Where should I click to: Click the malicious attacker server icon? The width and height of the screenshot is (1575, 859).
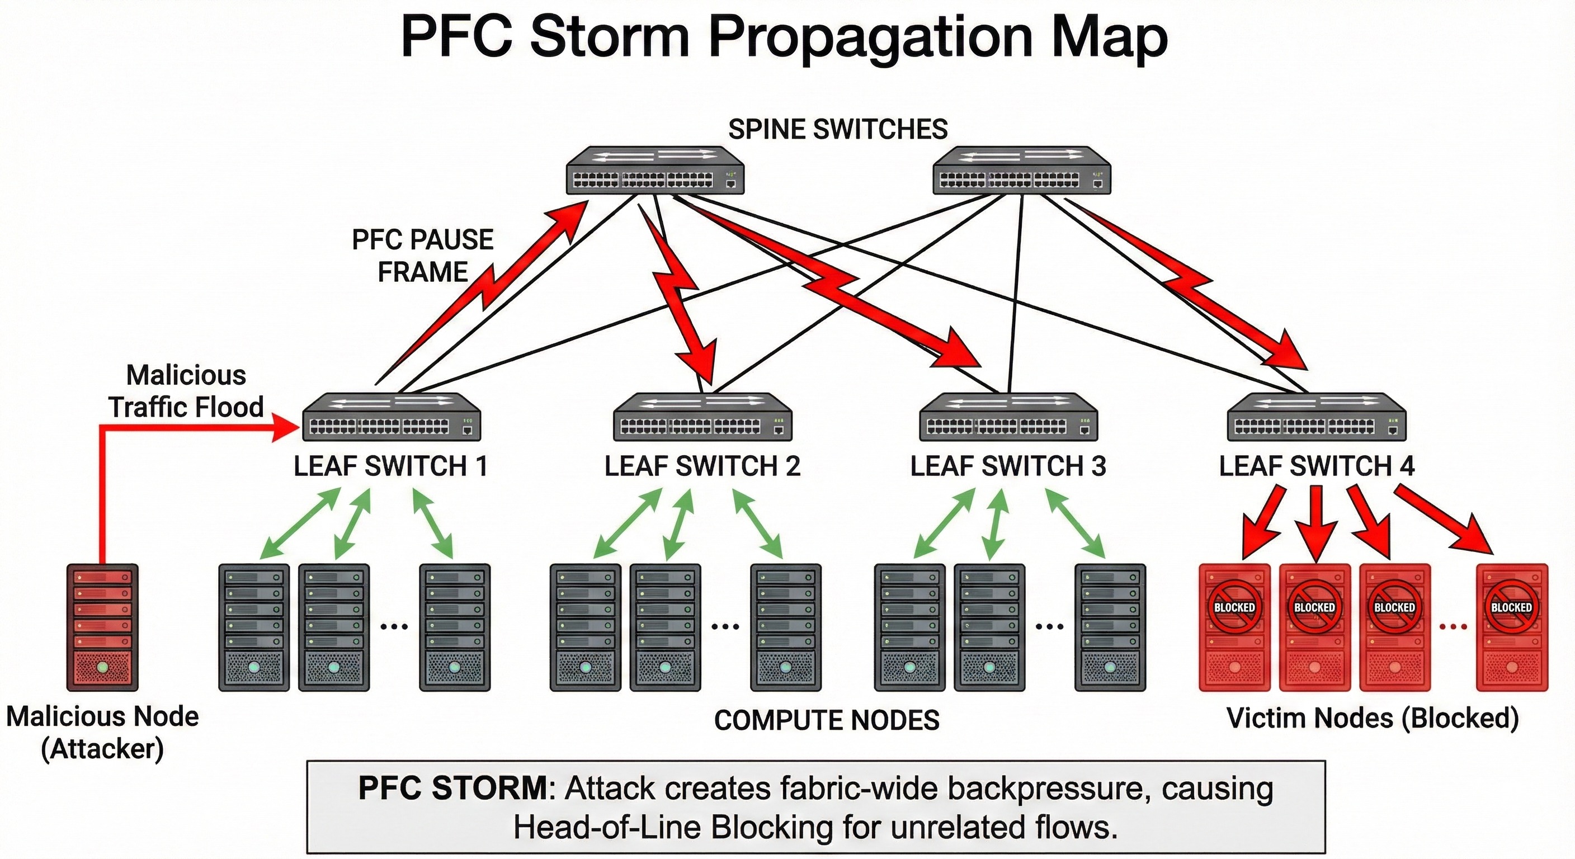click(102, 627)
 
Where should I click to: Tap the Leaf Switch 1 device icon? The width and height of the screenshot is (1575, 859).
click(392, 417)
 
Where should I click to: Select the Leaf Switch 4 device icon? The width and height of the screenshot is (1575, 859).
click(1317, 417)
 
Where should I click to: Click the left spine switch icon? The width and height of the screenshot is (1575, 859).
click(654, 171)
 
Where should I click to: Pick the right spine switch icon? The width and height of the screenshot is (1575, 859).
click(1021, 171)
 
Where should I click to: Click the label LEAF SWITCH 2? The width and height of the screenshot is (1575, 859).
click(702, 466)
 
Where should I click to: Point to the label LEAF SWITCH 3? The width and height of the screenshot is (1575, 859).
click(1008, 466)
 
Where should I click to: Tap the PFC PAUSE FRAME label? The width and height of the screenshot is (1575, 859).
click(422, 256)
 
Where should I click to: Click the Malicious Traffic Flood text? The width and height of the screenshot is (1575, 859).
click(186, 391)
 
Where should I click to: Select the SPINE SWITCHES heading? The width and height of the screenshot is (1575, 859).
click(838, 130)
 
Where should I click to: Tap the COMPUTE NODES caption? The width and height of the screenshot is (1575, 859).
click(827, 720)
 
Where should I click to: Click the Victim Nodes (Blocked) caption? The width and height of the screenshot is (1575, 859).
click(1373, 719)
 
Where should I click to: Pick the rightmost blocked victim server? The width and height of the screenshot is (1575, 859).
click(1511, 627)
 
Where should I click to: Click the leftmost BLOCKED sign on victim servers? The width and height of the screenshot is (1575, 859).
click(1234, 607)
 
